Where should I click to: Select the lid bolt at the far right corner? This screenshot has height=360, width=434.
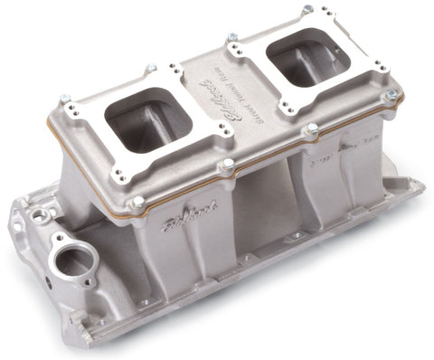[x=391, y=93]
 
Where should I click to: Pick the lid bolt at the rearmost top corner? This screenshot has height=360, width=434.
[x=308, y=10]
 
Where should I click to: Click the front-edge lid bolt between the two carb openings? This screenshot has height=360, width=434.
[x=227, y=165]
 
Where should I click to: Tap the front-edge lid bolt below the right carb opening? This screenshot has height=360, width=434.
[x=311, y=128]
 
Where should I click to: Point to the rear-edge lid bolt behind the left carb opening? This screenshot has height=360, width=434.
[x=151, y=68]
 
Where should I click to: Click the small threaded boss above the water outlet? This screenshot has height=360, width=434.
[x=41, y=215]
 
